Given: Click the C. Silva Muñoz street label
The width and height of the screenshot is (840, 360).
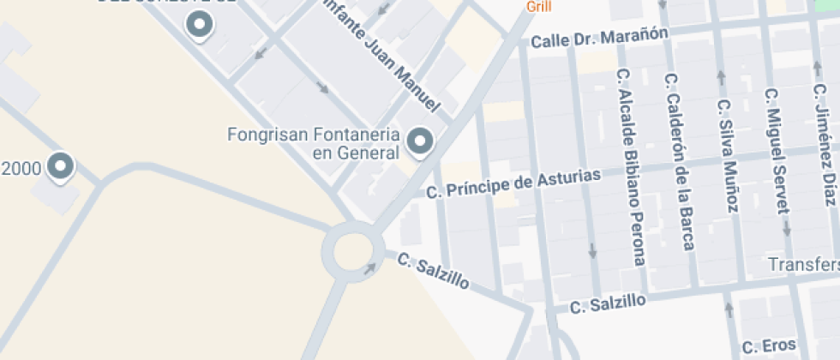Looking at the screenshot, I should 728,156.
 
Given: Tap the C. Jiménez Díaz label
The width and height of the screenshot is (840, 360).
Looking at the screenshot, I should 825,146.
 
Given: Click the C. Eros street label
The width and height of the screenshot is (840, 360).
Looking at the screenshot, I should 769,346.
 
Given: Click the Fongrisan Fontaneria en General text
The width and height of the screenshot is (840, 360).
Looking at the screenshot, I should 314,144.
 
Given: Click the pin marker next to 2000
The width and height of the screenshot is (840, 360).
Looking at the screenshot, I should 60,166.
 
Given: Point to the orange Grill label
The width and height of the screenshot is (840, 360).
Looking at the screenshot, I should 538,7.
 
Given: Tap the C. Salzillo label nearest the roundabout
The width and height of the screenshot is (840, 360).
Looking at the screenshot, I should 433,270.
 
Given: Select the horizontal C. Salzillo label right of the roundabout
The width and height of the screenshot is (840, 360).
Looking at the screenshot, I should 608,302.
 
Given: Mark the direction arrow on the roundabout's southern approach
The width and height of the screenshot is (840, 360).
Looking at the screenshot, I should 369,269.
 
